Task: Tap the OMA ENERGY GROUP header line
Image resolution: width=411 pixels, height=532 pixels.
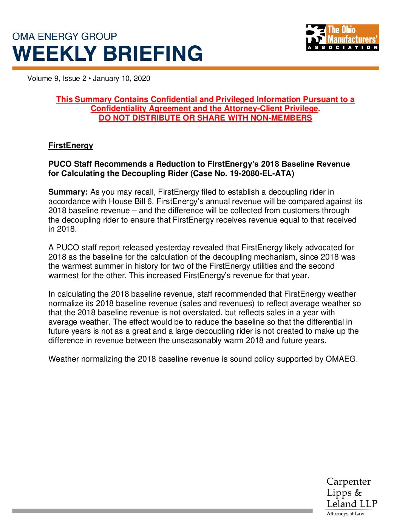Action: click(65, 37)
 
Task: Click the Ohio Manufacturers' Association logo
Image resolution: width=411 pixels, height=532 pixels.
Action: click(342, 37)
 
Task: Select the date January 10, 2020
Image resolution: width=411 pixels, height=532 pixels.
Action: click(121, 79)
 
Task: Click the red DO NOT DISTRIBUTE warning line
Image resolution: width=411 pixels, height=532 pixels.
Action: click(205, 118)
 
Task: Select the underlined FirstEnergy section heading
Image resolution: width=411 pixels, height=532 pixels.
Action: click(71, 145)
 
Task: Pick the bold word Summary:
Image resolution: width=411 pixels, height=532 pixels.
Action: click(68, 192)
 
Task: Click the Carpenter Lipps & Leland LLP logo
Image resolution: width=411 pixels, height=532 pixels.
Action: click(351, 493)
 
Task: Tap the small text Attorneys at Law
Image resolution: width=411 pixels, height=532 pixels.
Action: click(345, 513)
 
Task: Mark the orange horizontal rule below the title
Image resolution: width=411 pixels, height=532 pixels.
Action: click(195, 68)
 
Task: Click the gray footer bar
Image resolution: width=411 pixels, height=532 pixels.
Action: click(162, 510)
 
